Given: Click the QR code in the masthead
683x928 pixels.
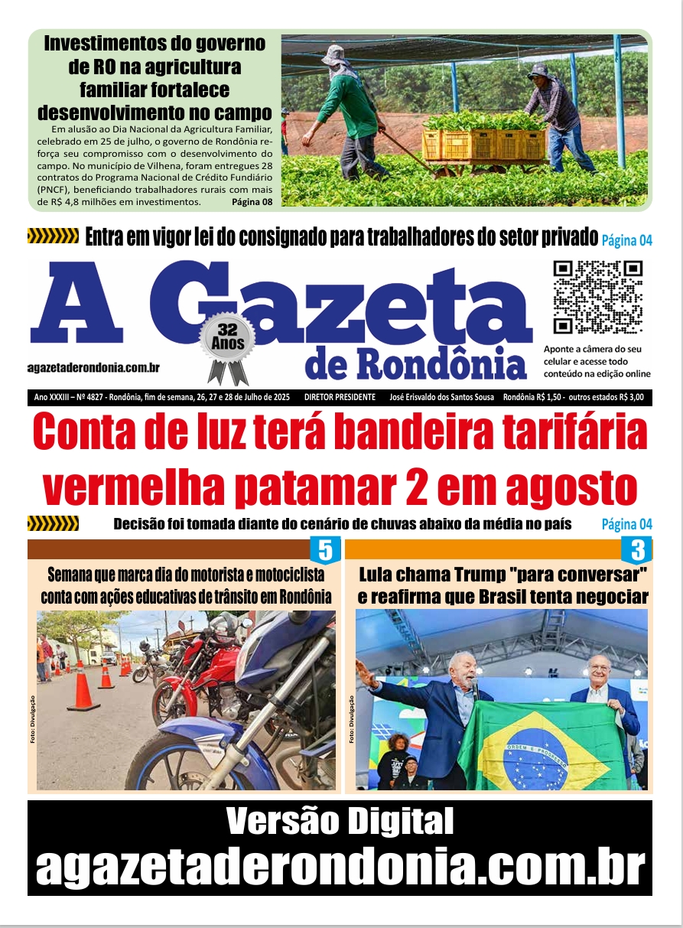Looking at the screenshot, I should click(x=597, y=297).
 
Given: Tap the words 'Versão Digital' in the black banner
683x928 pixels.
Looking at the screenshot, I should click(x=340, y=822).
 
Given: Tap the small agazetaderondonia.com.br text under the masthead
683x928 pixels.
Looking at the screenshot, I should click(x=93, y=368).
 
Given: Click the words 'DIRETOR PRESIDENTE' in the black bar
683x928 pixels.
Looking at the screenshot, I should click(x=340, y=398).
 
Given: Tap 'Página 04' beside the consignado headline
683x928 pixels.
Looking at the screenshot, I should click(x=626, y=240).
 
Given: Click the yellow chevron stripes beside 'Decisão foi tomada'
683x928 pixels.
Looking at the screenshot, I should click(x=53, y=524).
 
